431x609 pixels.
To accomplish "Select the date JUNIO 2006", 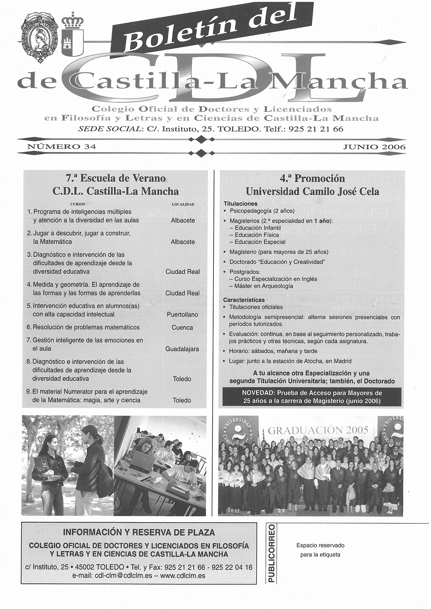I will (374, 147).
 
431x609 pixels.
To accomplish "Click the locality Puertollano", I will (182, 315).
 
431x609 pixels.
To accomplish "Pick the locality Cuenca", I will (182, 328).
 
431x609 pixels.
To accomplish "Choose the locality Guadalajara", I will (182, 349).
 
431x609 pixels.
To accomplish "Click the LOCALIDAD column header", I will (183, 204).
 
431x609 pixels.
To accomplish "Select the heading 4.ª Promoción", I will (312, 179).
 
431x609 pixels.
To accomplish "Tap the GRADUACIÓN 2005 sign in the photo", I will (318, 430).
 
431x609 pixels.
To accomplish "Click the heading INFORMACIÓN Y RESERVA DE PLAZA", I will (139, 532).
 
